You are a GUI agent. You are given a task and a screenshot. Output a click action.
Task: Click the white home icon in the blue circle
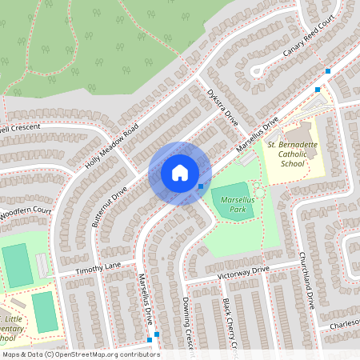[x=180, y=173]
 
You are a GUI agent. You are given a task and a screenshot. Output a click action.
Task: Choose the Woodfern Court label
[x=24, y=212]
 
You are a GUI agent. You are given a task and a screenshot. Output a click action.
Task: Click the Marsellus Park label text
[x=232, y=197]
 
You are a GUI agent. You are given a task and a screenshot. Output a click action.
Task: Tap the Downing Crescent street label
[x=190, y=324]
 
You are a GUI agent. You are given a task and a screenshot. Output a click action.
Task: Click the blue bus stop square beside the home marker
[x=200, y=186]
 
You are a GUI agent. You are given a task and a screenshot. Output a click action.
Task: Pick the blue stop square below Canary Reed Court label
[x=327, y=72]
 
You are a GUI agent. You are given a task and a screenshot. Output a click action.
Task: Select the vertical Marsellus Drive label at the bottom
[x=146, y=298]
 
